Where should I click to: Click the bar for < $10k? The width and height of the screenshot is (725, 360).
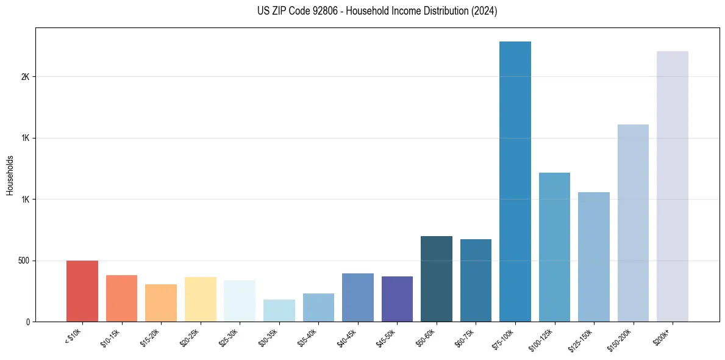point(82,291)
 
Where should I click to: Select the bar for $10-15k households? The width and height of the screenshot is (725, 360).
point(121,298)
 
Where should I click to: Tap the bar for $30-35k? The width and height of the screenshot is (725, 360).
point(279,311)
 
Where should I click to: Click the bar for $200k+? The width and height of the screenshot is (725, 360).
point(673,187)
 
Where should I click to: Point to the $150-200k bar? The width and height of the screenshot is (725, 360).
point(633,223)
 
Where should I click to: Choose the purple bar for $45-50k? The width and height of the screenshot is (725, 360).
point(397,299)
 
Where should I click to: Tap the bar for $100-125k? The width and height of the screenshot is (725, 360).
point(554,247)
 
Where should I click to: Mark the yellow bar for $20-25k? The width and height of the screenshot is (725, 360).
point(200,299)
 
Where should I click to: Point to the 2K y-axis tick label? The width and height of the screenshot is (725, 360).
point(25,77)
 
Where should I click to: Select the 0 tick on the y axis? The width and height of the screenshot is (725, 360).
point(27,322)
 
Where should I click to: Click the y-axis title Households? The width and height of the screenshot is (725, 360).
point(10,175)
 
